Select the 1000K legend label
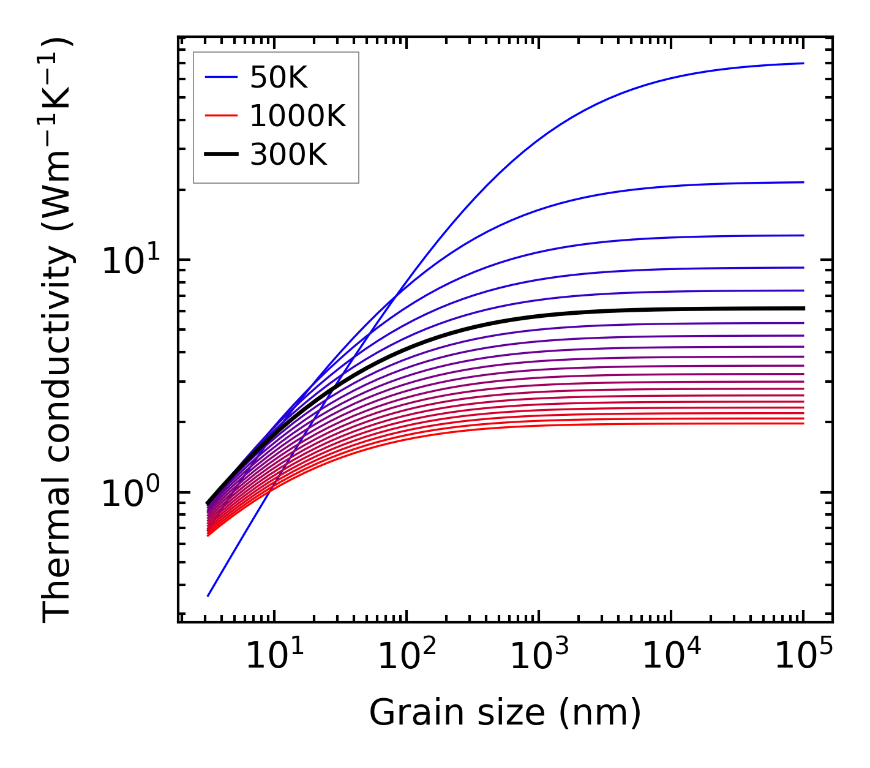298,116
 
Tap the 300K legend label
288,155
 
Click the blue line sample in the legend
220,77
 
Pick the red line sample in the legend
220,116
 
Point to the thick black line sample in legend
220,155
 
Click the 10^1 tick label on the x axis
274,658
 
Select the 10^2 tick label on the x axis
407,658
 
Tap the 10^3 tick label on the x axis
539,658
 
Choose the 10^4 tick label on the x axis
671,658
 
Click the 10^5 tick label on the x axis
803,658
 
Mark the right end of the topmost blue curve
803,63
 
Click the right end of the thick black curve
803,308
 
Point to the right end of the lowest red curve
803,423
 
